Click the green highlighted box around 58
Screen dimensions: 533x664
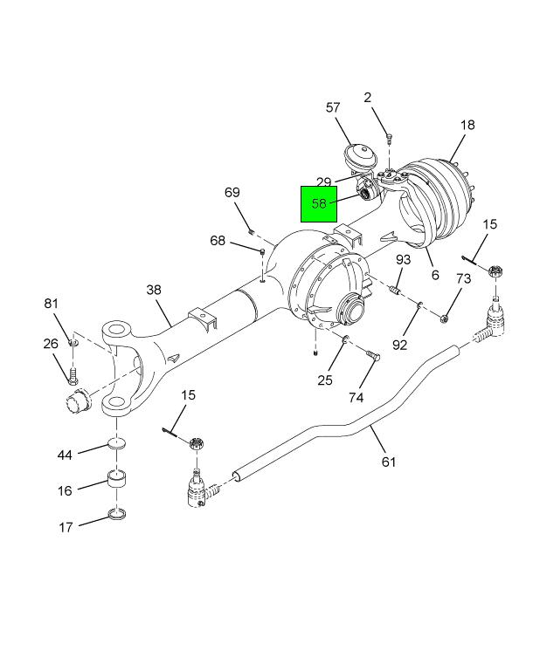(x=319, y=204)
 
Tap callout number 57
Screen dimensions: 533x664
(x=333, y=107)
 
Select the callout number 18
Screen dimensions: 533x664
(x=467, y=125)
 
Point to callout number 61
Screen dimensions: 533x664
(x=389, y=462)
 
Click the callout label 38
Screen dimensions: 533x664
(x=154, y=290)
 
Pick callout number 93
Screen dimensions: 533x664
(x=404, y=259)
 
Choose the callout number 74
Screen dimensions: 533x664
(x=356, y=397)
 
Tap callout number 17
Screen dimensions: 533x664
(x=66, y=527)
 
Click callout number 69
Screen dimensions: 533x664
(x=232, y=192)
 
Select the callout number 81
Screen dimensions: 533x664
(x=51, y=303)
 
